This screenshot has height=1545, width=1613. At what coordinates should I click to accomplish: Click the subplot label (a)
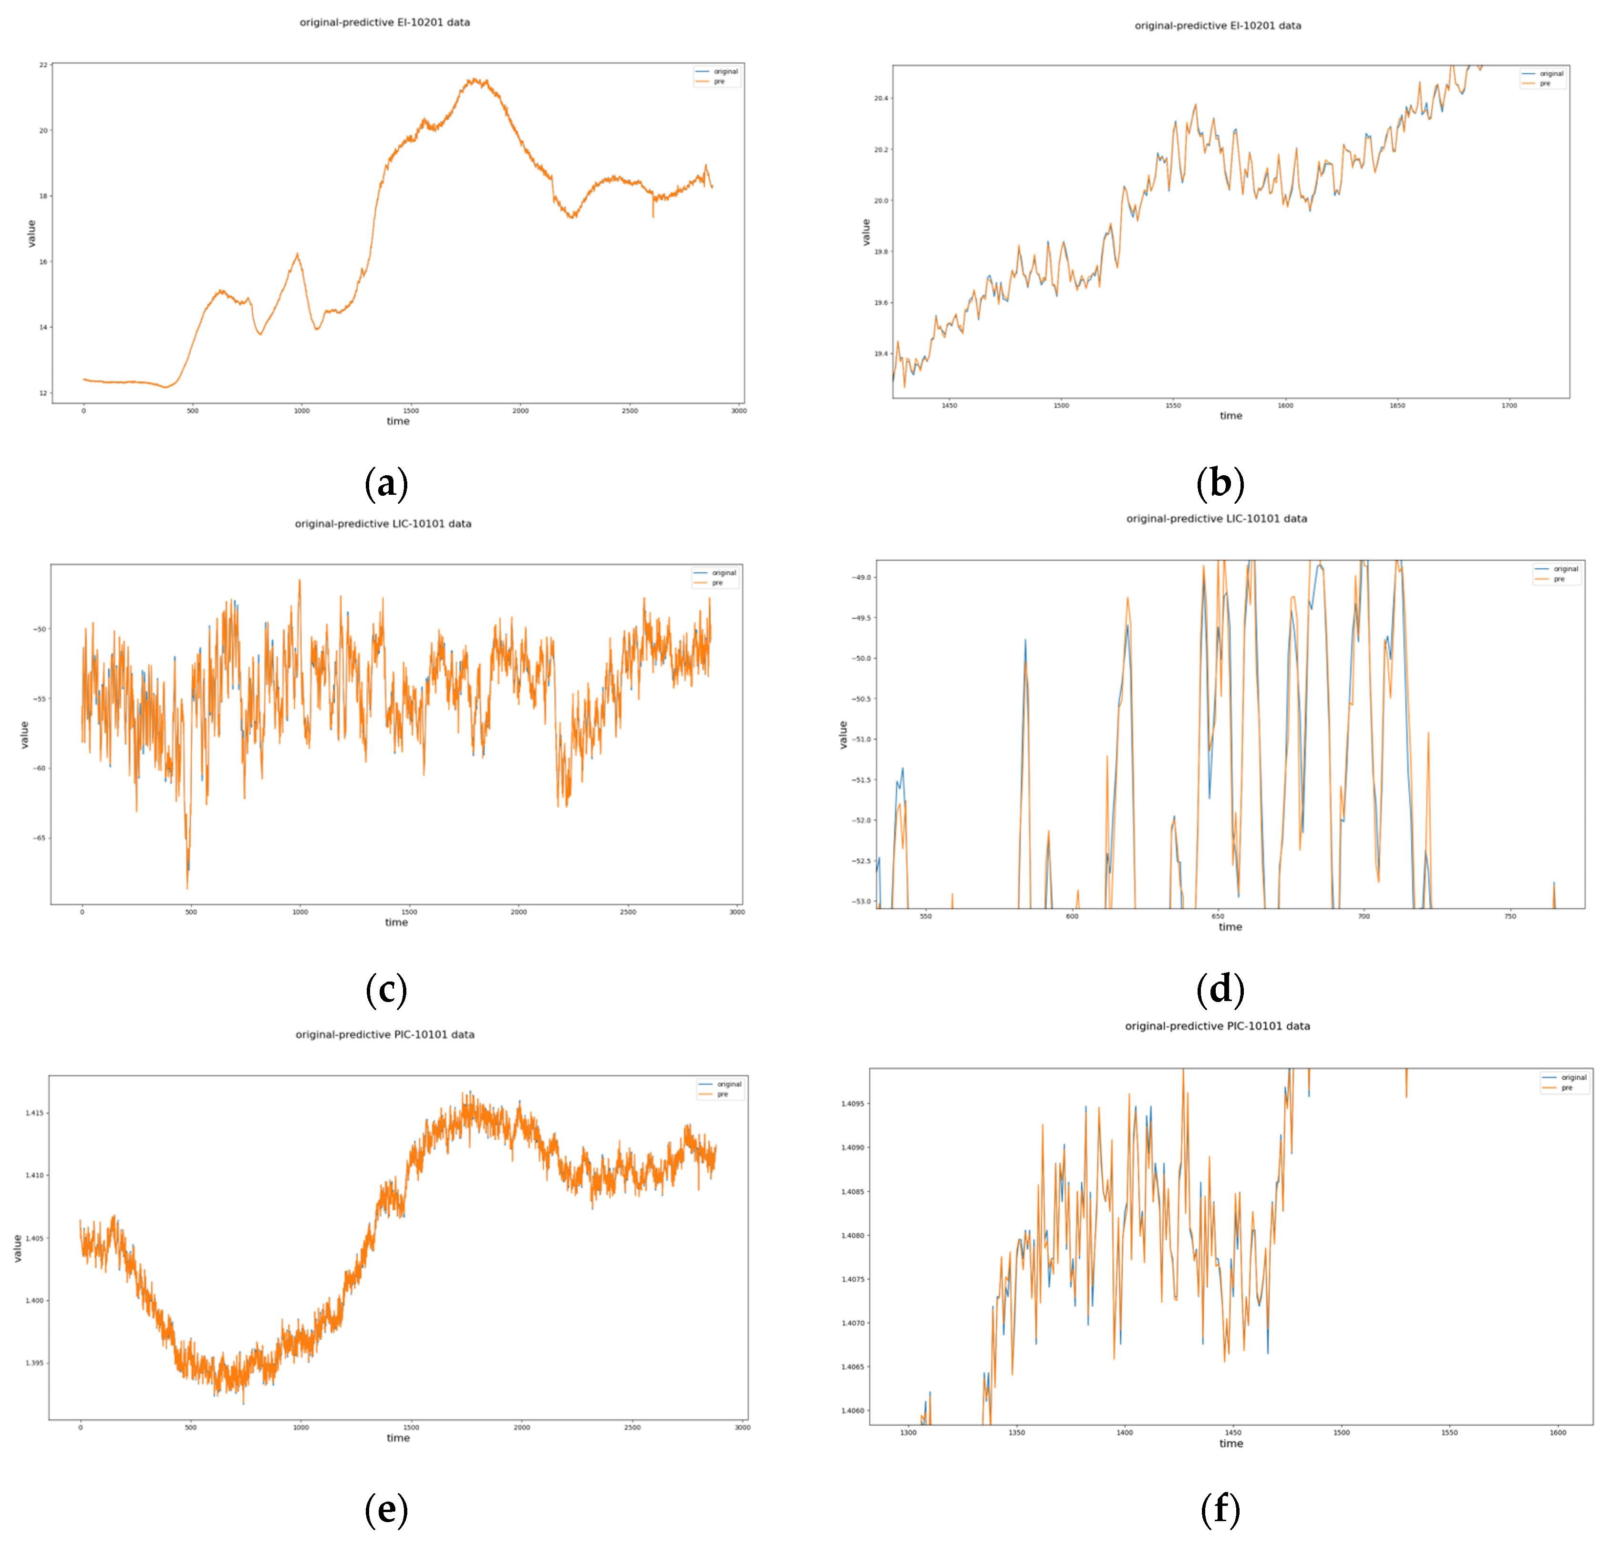pyautogui.click(x=386, y=483)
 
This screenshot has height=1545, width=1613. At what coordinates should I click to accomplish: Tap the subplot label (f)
pyautogui.click(x=1220, y=1509)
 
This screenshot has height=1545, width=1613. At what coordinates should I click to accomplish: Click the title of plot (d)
pyautogui.click(x=1216, y=519)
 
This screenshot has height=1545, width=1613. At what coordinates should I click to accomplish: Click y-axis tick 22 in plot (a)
pyautogui.click(x=43, y=65)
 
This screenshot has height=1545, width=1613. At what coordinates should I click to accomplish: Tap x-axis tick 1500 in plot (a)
pyautogui.click(x=411, y=411)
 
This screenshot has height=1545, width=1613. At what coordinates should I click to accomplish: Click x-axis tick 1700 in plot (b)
pyautogui.click(x=1509, y=405)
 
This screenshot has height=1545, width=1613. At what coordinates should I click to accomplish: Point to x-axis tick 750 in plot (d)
pyautogui.click(x=1510, y=916)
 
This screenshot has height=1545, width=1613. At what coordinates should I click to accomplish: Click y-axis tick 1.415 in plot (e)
pyautogui.click(x=34, y=1113)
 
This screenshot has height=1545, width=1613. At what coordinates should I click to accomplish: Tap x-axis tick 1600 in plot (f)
pyautogui.click(x=1558, y=1432)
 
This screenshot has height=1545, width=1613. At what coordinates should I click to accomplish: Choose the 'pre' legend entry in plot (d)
pyautogui.click(x=1559, y=579)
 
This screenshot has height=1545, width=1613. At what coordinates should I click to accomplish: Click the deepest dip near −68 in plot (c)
pyautogui.click(x=187, y=887)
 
